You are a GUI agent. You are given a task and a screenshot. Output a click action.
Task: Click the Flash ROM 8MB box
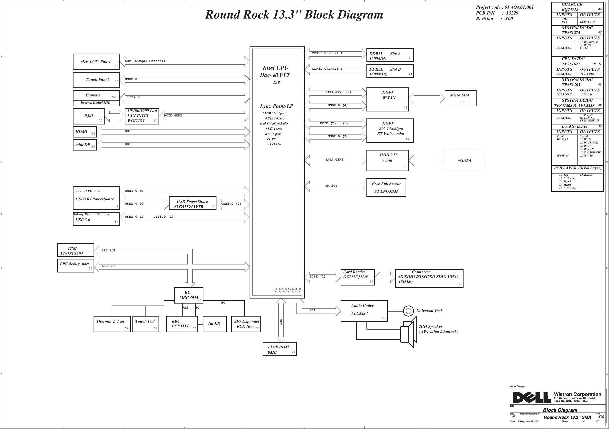[280, 349]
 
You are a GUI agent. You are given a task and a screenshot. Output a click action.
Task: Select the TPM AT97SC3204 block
[75, 250]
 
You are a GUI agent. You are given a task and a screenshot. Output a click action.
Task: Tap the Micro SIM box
[460, 98]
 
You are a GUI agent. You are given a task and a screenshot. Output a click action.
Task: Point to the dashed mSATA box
[464, 161]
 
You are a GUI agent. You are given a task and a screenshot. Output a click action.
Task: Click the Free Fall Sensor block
[386, 188]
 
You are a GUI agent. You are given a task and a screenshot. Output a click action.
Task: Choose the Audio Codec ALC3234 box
[364, 311]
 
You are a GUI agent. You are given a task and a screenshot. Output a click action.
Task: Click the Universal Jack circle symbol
[408, 311]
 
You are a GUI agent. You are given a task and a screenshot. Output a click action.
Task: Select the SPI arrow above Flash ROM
[281, 320]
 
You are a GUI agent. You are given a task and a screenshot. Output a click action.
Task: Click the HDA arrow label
[313, 310]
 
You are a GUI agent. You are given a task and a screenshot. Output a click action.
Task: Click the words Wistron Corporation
[577, 394]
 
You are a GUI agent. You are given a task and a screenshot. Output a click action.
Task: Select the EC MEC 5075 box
[189, 295]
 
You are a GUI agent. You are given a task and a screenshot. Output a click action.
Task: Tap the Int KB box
[214, 324]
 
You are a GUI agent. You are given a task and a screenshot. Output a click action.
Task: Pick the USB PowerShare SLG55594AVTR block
[192, 203]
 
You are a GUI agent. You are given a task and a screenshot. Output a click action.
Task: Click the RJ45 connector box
[88, 116]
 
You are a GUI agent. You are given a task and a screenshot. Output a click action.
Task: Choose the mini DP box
[85, 145]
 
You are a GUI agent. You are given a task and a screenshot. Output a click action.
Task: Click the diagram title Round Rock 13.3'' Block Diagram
[294, 15]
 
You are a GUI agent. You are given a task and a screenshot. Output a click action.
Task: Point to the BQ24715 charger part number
[570, 9]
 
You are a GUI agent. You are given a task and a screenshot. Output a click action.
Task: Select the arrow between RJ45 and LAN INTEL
[115, 116]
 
